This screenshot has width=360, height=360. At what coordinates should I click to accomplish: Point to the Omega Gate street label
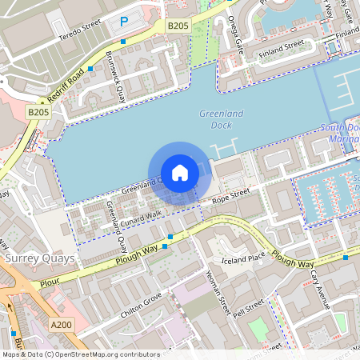click(x=235, y=30)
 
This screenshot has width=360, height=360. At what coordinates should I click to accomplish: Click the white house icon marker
click(x=180, y=172)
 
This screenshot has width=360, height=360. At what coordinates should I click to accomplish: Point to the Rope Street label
click(x=230, y=195)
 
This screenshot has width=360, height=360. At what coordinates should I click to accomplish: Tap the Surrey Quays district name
click(x=39, y=258)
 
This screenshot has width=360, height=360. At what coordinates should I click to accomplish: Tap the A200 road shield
click(x=61, y=324)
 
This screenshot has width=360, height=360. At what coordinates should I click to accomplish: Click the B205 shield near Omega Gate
click(x=178, y=26)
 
